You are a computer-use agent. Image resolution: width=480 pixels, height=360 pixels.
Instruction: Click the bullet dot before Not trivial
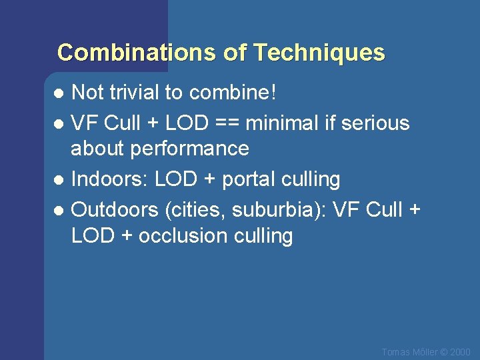59,93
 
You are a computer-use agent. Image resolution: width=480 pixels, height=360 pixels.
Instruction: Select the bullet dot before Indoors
59,180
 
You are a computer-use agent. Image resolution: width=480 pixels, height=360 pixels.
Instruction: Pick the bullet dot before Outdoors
59,211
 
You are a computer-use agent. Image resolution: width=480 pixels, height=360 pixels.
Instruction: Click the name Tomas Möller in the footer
409,351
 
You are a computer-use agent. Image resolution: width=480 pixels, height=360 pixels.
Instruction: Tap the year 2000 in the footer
461,351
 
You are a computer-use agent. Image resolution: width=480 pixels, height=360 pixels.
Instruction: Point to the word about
99,148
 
